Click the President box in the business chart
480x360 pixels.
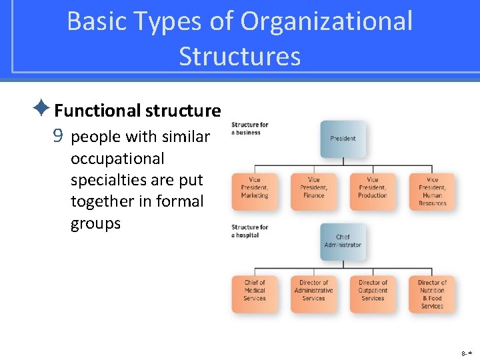point(343,139)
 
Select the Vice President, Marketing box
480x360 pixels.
point(254,191)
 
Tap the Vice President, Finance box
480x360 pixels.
point(313,191)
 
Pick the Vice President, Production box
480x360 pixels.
point(372,191)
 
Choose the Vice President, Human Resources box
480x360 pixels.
point(432,191)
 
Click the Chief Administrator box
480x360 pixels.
point(343,241)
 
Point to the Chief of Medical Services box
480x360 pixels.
point(254,294)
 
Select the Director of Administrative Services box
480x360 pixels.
point(313,294)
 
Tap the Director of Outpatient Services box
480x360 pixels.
point(372,294)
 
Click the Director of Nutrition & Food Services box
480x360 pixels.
point(432,294)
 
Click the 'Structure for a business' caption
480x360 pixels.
point(249,128)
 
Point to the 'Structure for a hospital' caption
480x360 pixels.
point(249,231)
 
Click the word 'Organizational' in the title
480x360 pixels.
point(327,21)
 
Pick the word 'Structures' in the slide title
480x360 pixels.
point(239,57)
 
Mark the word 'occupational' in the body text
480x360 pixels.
point(117,159)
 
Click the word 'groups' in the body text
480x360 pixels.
point(95,223)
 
